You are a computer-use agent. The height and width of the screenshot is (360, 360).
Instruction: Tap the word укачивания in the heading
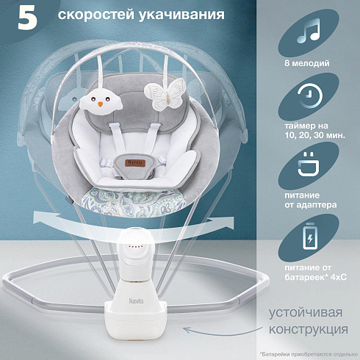click(181, 15)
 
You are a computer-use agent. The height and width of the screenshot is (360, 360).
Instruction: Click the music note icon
click(309, 31)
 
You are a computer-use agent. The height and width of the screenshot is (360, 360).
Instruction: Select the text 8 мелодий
click(307, 63)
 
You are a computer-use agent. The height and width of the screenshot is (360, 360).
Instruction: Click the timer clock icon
click(310, 96)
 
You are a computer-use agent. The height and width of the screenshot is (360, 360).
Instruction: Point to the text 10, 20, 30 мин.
click(314, 135)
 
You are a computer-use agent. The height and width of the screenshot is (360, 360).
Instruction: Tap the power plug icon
click(309, 164)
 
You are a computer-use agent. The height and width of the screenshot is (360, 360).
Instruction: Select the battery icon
click(310, 236)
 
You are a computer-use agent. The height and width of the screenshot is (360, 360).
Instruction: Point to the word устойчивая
click(306, 313)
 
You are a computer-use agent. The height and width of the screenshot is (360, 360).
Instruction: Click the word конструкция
click(309, 329)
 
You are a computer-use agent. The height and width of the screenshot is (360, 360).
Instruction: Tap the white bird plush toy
click(101, 101)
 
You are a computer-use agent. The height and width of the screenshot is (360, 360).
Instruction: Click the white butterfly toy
click(164, 94)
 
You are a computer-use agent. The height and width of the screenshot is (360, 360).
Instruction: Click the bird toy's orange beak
click(101, 104)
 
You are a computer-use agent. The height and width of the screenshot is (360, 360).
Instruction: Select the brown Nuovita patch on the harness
click(137, 163)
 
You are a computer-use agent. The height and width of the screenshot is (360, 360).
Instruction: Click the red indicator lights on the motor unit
click(134, 247)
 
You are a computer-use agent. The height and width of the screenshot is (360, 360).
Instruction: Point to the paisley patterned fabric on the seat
click(134, 201)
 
